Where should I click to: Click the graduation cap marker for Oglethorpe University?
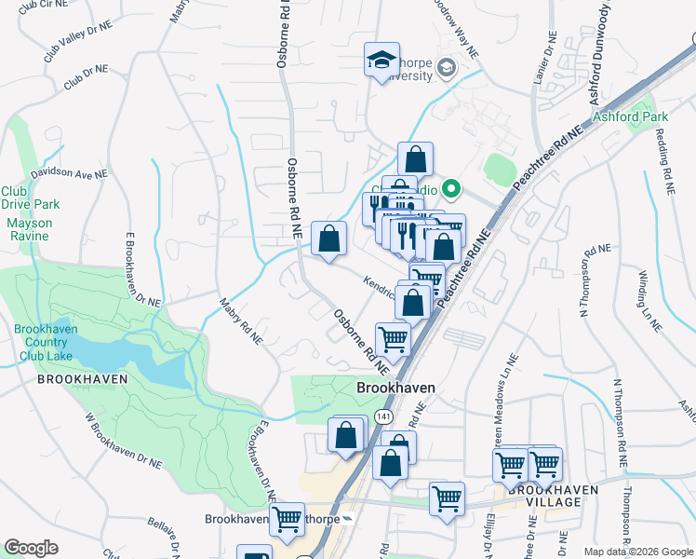coord(381,61)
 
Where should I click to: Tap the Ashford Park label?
coord(630,117)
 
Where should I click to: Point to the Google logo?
coord(31,548)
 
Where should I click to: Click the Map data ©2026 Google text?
coord(637,552)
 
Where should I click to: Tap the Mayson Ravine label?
coord(30,230)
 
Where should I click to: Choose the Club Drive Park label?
coord(30,197)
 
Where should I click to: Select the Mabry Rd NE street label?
coord(241,321)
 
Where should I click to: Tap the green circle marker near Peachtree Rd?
coord(452,189)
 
